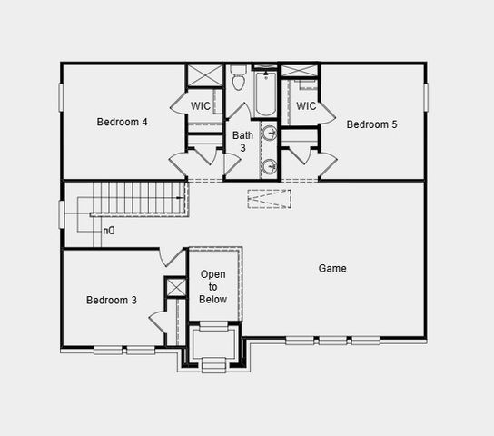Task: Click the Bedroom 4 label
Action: [123, 122]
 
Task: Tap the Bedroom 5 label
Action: [371, 124]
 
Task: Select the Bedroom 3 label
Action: [112, 301]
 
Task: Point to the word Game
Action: [332, 269]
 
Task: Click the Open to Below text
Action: [213, 287]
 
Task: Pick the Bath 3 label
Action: [242, 142]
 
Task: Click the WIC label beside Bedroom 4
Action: [202, 106]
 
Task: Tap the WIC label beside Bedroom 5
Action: [306, 106]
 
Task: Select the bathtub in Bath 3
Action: [264, 95]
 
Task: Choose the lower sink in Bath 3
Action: [270, 167]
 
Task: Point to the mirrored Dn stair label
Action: [108, 231]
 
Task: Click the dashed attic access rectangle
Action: [269, 199]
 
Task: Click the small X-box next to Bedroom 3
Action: [174, 288]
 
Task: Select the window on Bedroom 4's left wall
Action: [62, 98]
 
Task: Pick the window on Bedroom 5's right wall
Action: [425, 98]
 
